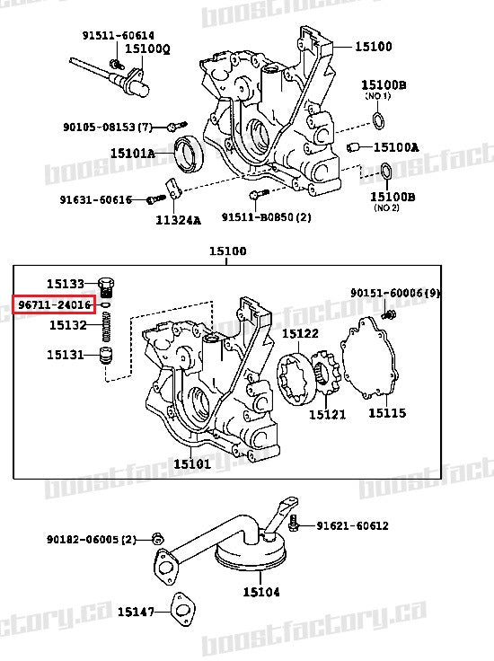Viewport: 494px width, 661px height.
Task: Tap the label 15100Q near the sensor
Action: click(x=147, y=48)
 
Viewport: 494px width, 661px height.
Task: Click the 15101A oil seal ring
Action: click(x=188, y=154)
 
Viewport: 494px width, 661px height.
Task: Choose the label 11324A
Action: click(x=178, y=219)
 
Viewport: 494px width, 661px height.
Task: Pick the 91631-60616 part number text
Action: click(x=95, y=199)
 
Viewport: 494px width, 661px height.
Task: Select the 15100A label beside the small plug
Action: click(x=395, y=147)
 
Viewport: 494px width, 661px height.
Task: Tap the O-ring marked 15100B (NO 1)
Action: click(x=380, y=122)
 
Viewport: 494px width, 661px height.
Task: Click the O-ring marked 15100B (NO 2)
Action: click(x=384, y=171)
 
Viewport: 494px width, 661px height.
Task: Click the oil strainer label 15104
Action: click(x=260, y=592)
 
